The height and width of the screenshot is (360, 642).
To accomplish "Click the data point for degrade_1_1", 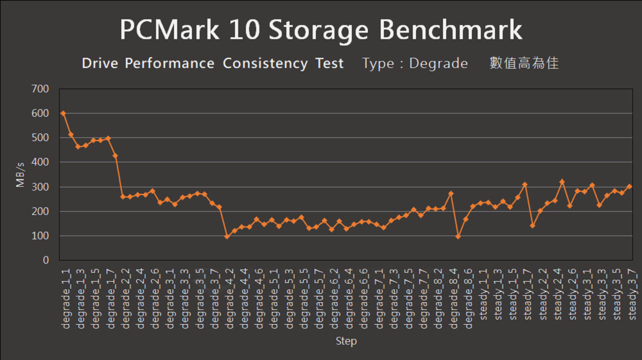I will pos(63,114).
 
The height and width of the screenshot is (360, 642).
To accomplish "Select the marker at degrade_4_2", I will pos(227,236).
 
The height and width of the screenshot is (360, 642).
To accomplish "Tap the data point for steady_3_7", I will pos(629,187).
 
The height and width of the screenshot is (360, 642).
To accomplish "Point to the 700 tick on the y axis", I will pos(40,89).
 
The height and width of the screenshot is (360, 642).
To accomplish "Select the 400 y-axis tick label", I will pos(40,162).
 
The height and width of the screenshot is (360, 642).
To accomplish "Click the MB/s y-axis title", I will pos(21,175).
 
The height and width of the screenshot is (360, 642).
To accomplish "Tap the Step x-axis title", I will pos(346,341).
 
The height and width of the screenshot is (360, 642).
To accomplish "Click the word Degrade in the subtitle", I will pos(438,64).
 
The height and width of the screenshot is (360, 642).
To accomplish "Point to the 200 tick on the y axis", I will pos(40,212).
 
